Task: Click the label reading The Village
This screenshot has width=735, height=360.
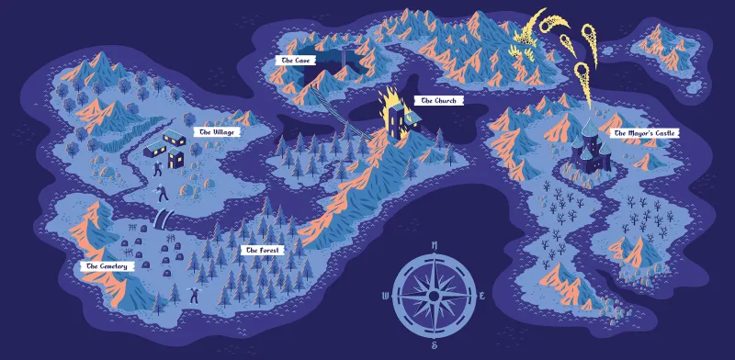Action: [x=218, y=132]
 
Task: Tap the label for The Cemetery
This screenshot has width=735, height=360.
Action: [x=106, y=266]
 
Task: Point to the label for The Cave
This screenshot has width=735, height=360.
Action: [x=299, y=60]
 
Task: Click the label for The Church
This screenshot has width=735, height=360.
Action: [x=438, y=100]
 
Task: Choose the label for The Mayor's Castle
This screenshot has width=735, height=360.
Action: [x=645, y=134]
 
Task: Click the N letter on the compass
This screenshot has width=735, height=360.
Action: [x=433, y=244]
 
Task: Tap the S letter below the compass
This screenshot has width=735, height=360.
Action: [x=433, y=345]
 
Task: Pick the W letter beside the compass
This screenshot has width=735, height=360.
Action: [x=384, y=296]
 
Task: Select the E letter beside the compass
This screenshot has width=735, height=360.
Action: [x=482, y=296]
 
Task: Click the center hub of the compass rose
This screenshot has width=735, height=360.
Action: [x=433, y=296]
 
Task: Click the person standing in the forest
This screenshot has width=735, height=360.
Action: [x=194, y=294]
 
